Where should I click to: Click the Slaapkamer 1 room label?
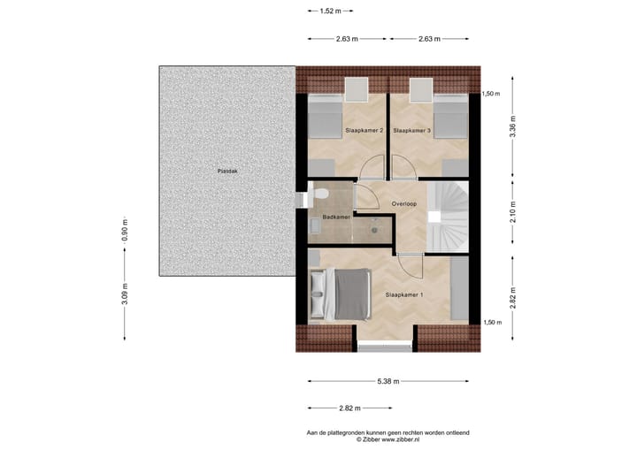[x=404, y=294]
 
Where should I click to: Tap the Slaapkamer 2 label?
[x=364, y=130]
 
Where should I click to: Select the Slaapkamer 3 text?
[x=411, y=130]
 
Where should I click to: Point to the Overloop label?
[x=404, y=204]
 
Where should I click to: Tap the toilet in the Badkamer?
[x=324, y=194]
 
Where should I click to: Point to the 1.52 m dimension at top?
[x=331, y=11]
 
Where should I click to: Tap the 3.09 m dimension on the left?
[x=125, y=293]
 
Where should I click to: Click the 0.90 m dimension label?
[x=125, y=231]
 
